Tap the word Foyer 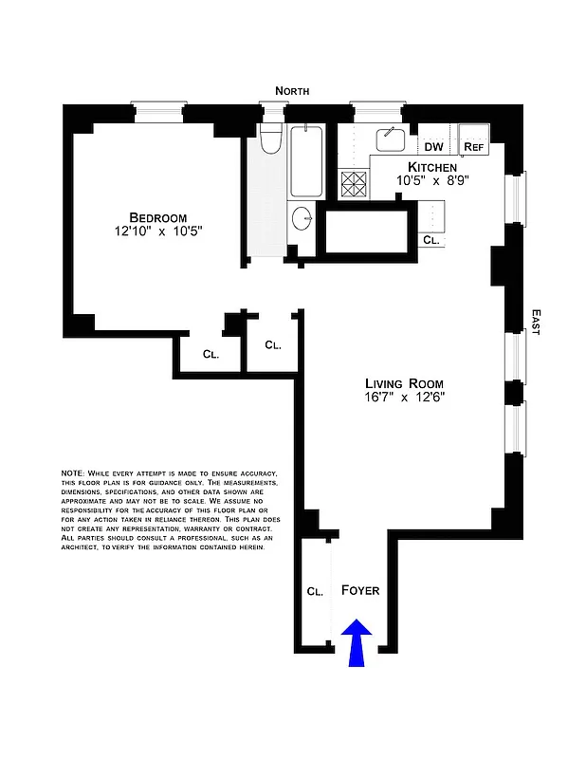[x=360, y=590]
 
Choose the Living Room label [x=405, y=383]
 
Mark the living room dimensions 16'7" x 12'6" [x=405, y=398]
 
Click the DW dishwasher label [x=433, y=147]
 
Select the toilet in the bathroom [x=271, y=139]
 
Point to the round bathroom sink [x=302, y=217]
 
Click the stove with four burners [x=353, y=184]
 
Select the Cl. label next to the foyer [x=315, y=590]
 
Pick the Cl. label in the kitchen [x=430, y=241]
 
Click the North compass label [x=292, y=90]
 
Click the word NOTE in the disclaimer [x=72, y=472]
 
